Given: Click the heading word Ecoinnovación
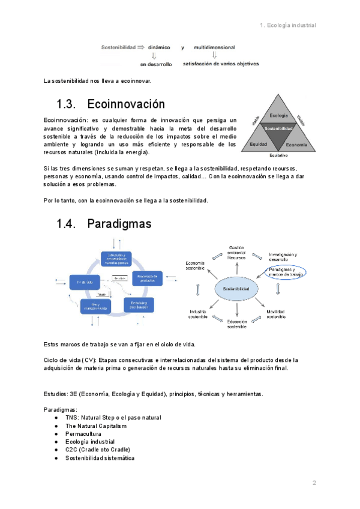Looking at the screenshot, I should [x=125, y=104].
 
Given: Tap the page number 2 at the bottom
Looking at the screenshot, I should [x=313, y=483].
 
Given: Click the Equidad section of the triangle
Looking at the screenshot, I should [x=259, y=144].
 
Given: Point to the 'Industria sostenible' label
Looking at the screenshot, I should [x=198, y=315].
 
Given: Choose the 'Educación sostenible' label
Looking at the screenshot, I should [x=236, y=324].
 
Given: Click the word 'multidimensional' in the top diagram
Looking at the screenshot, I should [x=214, y=47].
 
